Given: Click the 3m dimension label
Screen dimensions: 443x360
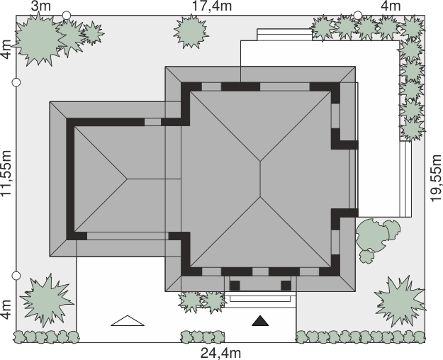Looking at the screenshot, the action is (41, 6).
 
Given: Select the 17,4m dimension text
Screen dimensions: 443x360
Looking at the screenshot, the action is (212, 6).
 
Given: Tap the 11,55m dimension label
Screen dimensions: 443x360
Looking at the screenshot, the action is (6, 173).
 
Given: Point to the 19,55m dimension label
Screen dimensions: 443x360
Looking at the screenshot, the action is (435, 178).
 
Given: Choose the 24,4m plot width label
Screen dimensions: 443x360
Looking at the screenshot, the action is (221, 353).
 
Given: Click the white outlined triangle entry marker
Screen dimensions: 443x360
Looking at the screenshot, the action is (128, 321).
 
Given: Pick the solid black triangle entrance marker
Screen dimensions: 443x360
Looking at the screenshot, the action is (260, 321).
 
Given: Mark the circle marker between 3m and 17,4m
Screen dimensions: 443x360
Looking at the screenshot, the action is (67, 16).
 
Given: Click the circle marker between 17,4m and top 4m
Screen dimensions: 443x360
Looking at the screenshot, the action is (358, 16).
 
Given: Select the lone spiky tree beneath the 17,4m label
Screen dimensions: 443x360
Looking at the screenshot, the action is (191, 31).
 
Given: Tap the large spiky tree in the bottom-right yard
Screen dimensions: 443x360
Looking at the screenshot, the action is (400, 301).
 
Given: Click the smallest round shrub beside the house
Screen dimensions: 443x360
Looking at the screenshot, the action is (366, 257).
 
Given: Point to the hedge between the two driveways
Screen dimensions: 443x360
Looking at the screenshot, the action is (203, 337).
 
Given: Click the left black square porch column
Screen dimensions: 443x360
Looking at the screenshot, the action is (235, 286).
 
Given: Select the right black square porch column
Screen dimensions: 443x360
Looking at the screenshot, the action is (286, 286).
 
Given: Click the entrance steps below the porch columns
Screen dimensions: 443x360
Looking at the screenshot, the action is (260, 299).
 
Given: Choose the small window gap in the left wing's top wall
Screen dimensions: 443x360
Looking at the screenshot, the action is (152, 122).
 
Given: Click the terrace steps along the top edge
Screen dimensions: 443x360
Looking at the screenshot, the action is (285, 35).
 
